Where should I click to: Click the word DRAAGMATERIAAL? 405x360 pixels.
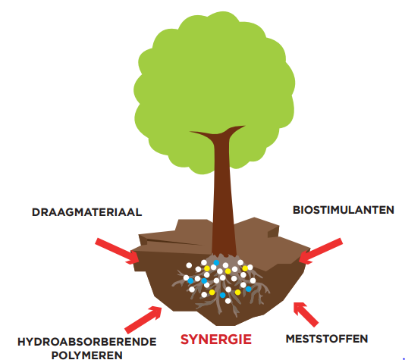[x=86, y=212]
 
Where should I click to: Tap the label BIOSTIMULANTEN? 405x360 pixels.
[x=344, y=210]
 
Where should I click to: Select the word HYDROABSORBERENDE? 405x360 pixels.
[x=86, y=342]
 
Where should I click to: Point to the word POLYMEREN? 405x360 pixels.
[x=86, y=355]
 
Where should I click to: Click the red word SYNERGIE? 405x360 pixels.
[x=216, y=340]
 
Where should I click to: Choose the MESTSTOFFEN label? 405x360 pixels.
[x=327, y=339]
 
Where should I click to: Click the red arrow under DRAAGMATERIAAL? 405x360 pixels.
[x=118, y=252]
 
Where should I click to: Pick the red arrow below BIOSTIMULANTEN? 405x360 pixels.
[x=321, y=252]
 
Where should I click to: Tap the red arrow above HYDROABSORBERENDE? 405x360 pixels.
[x=143, y=320]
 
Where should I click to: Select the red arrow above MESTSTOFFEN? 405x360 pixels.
[x=306, y=315]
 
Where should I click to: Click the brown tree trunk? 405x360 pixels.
[x=223, y=196]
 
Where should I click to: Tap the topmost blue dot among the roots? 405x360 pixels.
[x=216, y=263]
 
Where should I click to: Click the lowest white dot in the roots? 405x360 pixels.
[x=228, y=301]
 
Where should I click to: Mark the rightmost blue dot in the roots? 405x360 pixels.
[x=249, y=289]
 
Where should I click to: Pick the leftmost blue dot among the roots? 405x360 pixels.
[x=190, y=280]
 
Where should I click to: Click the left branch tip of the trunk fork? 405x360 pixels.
[x=190, y=132]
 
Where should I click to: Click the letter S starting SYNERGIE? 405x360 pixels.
[x=185, y=340]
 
